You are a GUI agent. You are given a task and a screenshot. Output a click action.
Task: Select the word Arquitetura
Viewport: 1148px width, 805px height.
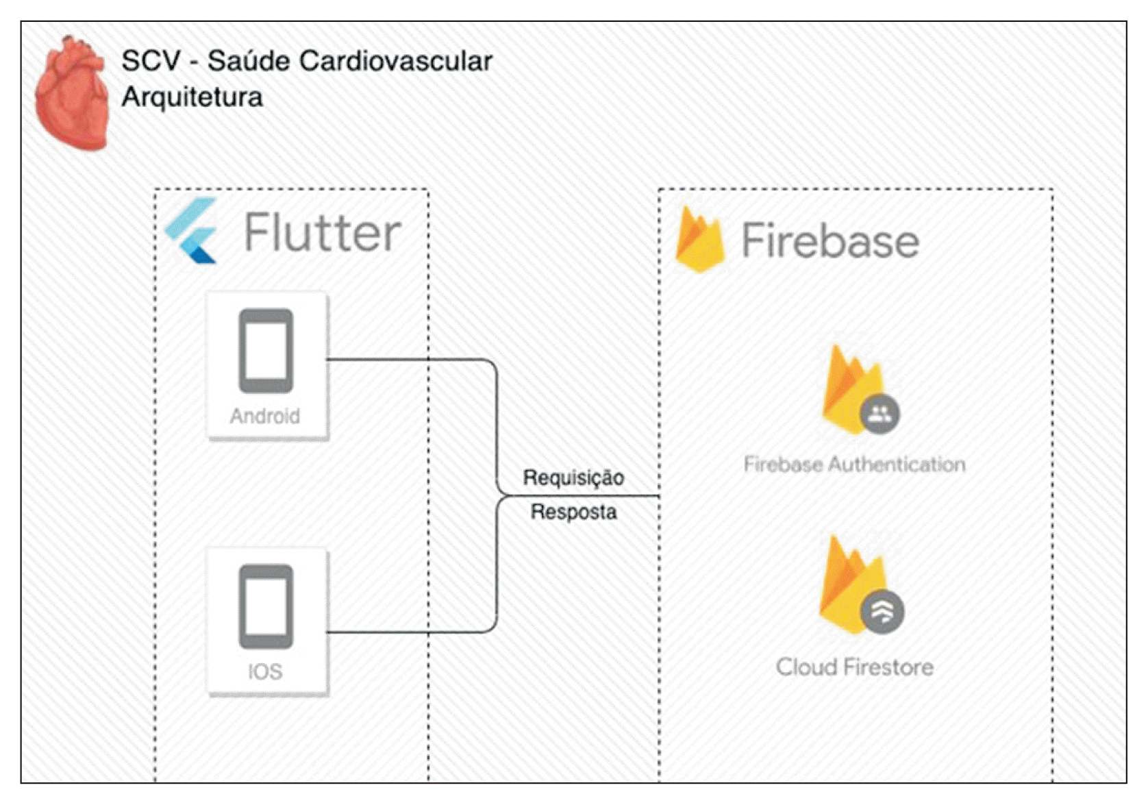pos(192,97)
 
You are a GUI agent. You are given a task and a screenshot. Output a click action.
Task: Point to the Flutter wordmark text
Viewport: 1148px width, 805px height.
pos(323,233)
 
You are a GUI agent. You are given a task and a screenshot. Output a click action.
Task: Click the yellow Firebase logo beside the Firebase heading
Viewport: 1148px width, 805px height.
pos(699,240)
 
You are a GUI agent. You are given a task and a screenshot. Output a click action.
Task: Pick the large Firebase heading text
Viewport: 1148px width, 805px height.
pos(830,240)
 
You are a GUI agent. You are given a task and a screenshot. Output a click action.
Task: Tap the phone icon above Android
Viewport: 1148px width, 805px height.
pos(266,351)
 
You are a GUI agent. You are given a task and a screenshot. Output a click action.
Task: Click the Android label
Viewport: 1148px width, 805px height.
pos(265,416)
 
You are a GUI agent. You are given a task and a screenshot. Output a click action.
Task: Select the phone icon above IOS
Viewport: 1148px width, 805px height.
pos(266,606)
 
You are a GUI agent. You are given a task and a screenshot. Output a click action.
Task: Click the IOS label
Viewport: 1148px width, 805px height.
pos(265,671)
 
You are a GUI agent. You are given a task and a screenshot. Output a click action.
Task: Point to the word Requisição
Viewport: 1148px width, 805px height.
pos(573,478)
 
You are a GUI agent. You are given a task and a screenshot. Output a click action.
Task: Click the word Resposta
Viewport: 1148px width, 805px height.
pos(573,512)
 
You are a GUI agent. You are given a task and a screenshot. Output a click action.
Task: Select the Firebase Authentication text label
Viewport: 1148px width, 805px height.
pos(854,465)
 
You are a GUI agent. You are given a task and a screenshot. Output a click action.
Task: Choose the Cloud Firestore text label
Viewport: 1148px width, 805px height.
pos(854,667)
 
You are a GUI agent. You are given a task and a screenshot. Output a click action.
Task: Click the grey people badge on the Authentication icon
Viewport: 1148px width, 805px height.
pos(880,413)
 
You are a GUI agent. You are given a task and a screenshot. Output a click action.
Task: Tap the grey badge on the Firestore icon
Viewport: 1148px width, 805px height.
pos(882,610)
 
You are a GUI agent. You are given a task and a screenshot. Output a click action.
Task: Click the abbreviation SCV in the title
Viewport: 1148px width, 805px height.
pos(151,61)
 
